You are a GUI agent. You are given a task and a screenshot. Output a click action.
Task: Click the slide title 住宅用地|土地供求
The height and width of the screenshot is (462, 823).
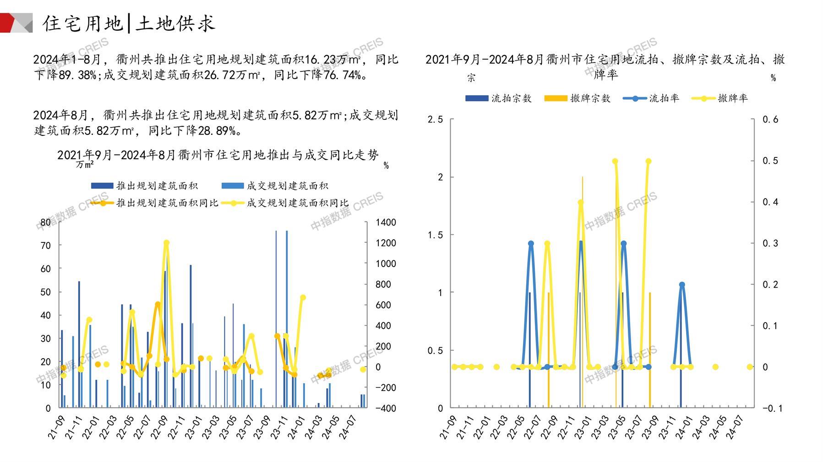point(129,23)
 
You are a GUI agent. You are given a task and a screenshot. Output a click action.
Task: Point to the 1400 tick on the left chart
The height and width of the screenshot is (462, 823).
point(386,222)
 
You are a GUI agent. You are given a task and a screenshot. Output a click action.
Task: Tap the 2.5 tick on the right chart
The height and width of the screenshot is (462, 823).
point(435,119)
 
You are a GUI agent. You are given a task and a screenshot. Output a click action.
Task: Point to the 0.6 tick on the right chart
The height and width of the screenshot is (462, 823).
point(770,119)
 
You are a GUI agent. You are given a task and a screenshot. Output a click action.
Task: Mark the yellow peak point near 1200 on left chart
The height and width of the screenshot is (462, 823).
point(166,243)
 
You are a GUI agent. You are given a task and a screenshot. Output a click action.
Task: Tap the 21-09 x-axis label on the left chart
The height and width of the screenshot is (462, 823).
point(56,427)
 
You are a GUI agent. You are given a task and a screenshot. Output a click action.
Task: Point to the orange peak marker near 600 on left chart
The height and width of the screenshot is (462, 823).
point(158,304)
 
